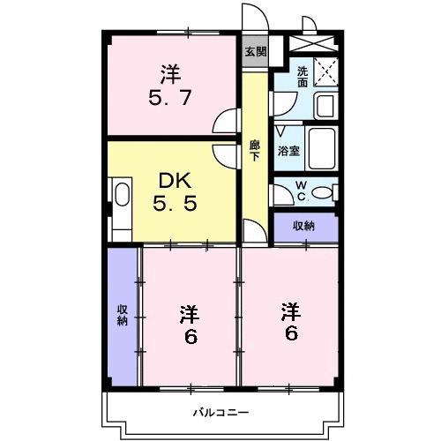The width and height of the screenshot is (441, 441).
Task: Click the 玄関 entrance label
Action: [256, 52]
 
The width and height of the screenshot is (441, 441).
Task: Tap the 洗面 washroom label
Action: [303, 77]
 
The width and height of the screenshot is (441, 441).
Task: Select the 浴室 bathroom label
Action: [288, 151]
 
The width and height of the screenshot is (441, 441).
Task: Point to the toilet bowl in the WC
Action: [322, 192]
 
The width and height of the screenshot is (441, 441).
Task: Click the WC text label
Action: [302, 191]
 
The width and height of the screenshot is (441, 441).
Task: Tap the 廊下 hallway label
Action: [255, 151]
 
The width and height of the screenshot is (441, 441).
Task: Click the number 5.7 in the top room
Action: [170, 98]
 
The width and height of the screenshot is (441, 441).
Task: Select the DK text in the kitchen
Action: [175, 181]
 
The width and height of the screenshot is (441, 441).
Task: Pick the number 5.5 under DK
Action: [175, 204]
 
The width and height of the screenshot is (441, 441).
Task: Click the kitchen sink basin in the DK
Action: [123, 194]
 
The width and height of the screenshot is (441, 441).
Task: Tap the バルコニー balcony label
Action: [220, 413]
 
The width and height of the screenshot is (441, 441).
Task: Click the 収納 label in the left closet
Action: [123, 315]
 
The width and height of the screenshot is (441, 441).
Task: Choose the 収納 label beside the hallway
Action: [303, 226]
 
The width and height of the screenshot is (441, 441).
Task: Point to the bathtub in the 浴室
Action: [322, 148]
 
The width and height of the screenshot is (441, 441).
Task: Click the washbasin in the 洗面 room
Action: [325, 106]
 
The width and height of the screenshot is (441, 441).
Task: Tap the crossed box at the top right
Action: [312, 43]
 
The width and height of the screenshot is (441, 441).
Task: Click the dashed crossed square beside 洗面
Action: [326, 72]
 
